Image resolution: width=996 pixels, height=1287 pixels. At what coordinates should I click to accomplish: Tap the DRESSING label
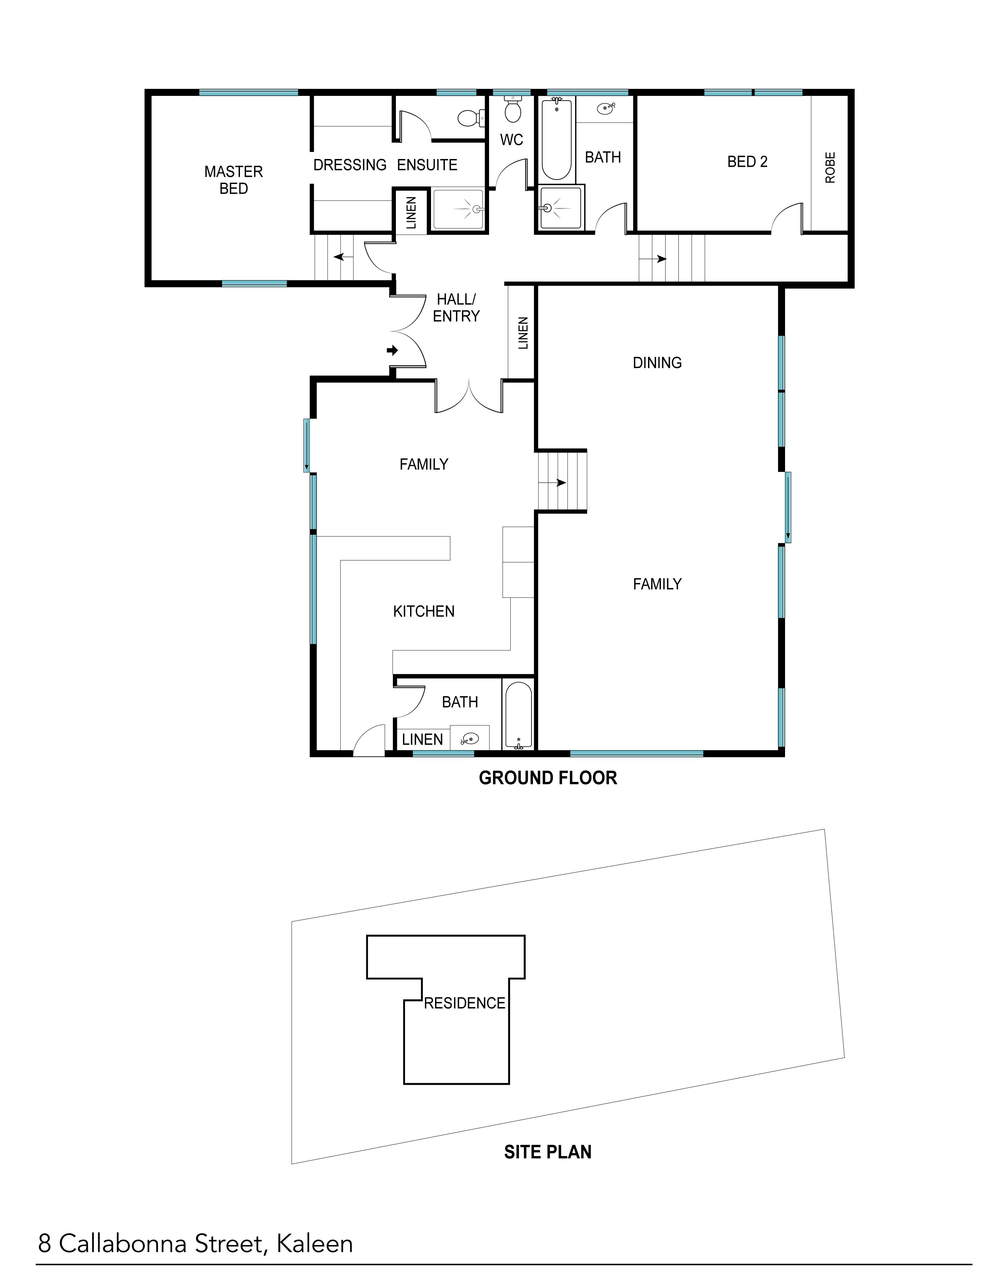pos(350,165)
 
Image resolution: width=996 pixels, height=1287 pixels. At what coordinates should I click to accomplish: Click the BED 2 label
pos(748,161)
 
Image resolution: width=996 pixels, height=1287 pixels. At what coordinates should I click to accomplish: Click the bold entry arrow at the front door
pos(392,351)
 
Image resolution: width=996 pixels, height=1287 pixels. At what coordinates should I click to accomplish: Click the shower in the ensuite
pos(458,209)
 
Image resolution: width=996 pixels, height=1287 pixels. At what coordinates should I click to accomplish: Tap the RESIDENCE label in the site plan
pos(465,1003)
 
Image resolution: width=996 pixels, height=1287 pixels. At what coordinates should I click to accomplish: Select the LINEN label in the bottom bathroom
pos(422,740)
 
